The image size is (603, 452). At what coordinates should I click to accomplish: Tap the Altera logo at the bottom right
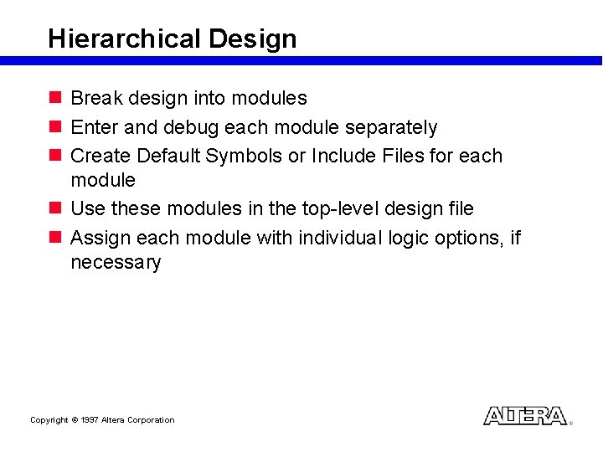pyautogui.click(x=525, y=416)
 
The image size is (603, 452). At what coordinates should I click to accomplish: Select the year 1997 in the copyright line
pyautogui.click(x=90, y=420)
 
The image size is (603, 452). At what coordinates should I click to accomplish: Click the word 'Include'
pyautogui.click(x=343, y=156)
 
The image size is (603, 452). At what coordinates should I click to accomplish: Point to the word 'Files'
pyautogui.click(x=401, y=156)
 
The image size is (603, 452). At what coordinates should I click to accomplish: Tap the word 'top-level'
pyautogui.click(x=338, y=208)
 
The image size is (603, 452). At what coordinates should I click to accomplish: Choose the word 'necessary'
pyautogui.click(x=116, y=262)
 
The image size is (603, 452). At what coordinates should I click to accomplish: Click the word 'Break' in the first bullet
pyautogui.click(x=96, y=98)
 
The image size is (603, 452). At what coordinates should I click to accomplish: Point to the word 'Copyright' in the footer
pyautogui.click(x=49, y=420)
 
